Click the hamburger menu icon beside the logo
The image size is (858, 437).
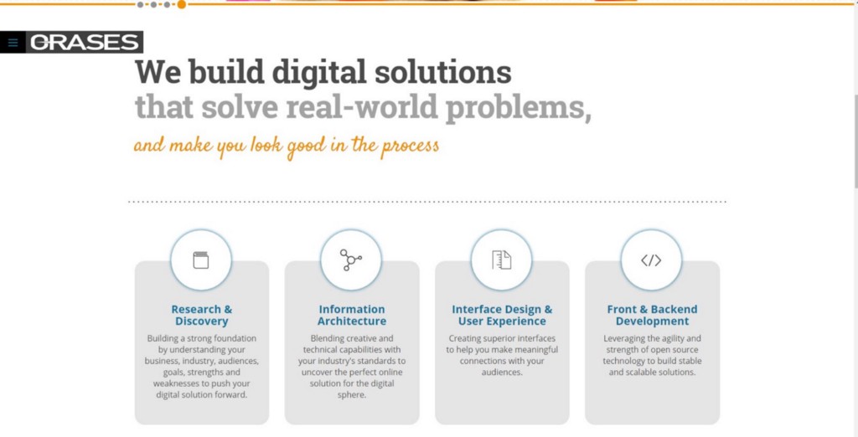coord(13,43)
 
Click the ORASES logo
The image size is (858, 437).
coord(85,42)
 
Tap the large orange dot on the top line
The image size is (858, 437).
coord(182,4)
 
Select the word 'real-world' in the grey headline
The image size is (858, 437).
coord(362,106)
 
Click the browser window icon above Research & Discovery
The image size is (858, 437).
coord(201,260)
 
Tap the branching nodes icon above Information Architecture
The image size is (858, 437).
coord(351,260)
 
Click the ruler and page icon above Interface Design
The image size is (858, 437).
coord(501,260)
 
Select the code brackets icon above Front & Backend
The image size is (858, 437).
coord(651,260)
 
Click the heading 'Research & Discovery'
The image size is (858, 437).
coord(201,315)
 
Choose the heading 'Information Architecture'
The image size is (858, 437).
coord(352,315)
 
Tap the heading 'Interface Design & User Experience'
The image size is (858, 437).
coord(502,315)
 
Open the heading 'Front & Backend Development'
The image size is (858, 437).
coord(652,315)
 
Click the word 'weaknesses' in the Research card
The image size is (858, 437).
coord(175,383)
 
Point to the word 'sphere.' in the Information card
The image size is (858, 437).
coord(352,395)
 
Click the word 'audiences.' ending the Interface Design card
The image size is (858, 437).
coord(502,373)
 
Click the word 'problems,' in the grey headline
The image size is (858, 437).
coord(518,106)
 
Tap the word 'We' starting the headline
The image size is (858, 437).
coord(158,72)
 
